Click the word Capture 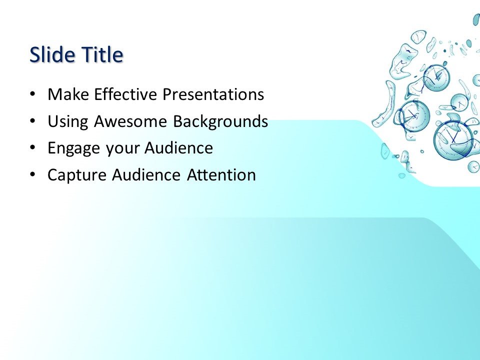coord(77,175)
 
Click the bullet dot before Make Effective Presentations coord(33,94)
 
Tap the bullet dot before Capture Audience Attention coord(33,175)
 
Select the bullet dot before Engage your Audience coord(33,148)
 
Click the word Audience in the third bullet coord(178,148)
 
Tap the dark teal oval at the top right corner coord(476,20)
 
